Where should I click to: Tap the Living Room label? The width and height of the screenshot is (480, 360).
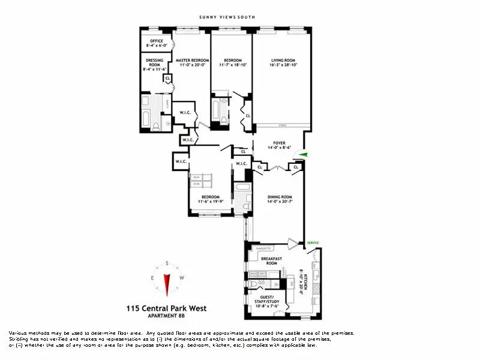(x=281, y=60)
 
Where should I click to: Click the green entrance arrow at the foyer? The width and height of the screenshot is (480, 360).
(x=304, y=155)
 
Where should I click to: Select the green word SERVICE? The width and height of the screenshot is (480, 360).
(x=313, y=242)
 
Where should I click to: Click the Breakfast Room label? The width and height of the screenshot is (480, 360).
(x=272, y=261)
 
